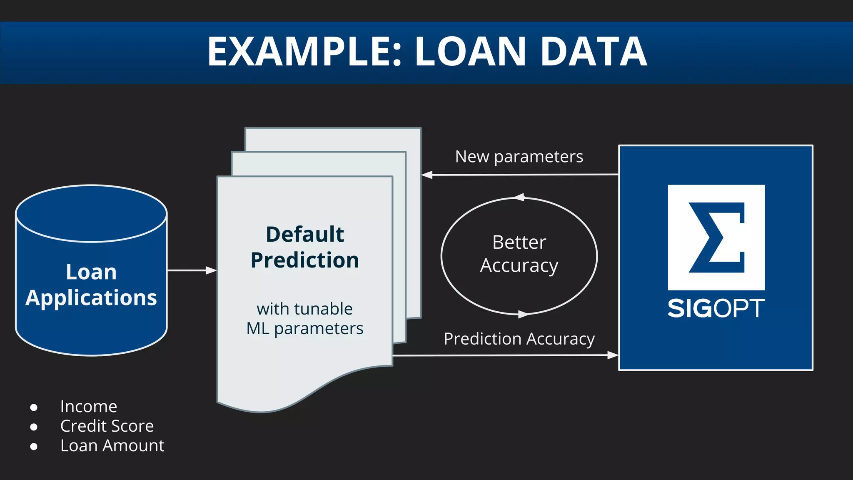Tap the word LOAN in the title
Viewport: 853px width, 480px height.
click(471, 52)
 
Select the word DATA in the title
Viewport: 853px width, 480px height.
click(594, 52)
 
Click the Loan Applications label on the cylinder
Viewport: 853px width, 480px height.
click(91, 285)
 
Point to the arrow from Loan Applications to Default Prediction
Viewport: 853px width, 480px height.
click(192, 270)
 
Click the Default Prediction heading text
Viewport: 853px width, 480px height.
click(305, 247)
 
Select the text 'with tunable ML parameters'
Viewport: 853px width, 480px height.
click(305, 319)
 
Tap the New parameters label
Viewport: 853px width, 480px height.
click(519, 157)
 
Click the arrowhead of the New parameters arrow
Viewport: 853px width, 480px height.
click(426, 175)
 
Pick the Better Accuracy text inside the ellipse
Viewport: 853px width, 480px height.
click(519, 254)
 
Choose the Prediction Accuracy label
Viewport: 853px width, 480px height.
click(519, 339)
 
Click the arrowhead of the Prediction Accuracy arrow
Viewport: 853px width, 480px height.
click(613, 355)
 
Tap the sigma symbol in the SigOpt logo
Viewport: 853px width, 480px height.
click(716, 237)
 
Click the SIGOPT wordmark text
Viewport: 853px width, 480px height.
click(716, 309)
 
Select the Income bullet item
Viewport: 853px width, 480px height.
click(89, 407)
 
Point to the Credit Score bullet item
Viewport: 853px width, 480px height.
click(107, 426)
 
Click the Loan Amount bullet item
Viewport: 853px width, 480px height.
click(112, 446)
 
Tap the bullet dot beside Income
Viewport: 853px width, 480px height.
click(34, 407)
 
